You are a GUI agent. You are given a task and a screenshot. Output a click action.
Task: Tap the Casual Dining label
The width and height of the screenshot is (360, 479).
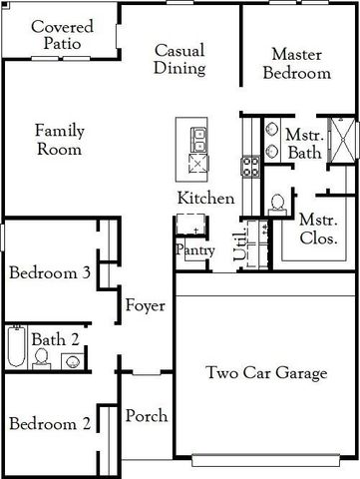pos(180,59)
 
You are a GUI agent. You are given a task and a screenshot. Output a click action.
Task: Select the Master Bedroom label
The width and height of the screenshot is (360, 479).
pos(300,63)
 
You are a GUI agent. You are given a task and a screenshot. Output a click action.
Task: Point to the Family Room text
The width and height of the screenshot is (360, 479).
pos(59,140)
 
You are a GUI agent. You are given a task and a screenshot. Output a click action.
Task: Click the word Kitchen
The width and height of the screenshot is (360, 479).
pos(205,199)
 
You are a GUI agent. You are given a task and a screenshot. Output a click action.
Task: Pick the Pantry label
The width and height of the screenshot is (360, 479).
pos(194,249)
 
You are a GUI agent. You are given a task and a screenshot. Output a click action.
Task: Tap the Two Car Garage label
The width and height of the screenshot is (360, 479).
pos(266,374)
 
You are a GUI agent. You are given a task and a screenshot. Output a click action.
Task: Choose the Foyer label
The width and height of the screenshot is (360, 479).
pos(145,305)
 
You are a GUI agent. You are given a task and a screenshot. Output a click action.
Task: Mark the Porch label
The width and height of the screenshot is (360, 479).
pos(147,416)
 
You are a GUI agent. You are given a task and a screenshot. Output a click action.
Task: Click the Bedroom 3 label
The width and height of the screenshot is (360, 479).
pos(51,272)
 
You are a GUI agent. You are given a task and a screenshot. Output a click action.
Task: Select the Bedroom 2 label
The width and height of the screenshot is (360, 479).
pos(50,424)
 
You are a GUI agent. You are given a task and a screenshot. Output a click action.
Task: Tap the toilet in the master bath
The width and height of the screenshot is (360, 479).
pos(277,204)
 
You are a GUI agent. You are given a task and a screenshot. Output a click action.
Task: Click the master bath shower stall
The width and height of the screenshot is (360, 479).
pos(343,139)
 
